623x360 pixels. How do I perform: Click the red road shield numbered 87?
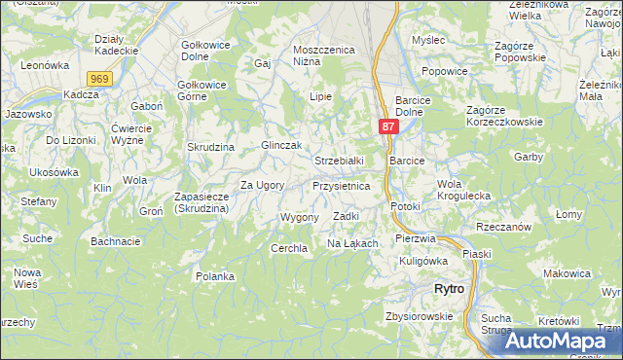(x=387, y=127)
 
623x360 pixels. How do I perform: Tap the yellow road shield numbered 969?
(x=98, y=79)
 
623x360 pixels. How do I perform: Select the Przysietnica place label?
(x=341, y=185)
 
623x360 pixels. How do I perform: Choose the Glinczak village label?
(x=257, y=145)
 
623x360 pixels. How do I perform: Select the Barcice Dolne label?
(x=421, y=106)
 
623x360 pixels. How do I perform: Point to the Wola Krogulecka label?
(x=463, y=190)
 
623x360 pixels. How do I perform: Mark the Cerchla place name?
(x=289, y=248)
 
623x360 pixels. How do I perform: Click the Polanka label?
(x=214, y=276)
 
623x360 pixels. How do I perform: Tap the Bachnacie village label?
(x=116, y=240)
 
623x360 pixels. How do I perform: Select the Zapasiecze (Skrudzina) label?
(x=202, y=202)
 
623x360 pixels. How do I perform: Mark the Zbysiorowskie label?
(x=419, y=316)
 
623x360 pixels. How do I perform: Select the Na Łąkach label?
(x=351, y=242)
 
